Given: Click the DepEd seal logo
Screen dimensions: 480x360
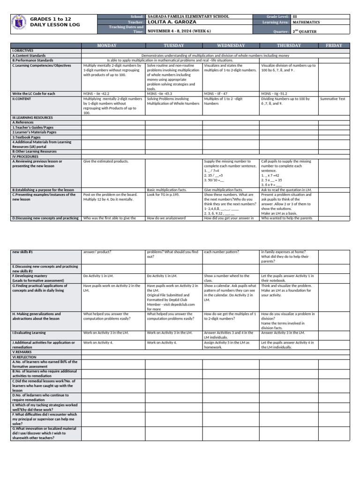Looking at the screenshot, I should (x=19, y=24).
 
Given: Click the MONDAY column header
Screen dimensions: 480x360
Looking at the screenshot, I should (x=113, y=45).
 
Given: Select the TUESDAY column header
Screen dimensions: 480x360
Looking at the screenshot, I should (x=173, y=45).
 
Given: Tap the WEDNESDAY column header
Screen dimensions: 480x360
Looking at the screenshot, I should (x=231, y=45).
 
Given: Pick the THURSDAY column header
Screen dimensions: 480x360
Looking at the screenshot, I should (x=289, y=45).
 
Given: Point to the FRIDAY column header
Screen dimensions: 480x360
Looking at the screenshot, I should (x=334, y=45).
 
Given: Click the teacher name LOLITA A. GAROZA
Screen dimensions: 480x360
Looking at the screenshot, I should (x=172, y=22).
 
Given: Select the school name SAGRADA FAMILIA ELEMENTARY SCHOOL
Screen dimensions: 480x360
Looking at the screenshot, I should (x=188, y=16).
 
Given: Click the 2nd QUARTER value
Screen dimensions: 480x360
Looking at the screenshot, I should (x=305, y=31).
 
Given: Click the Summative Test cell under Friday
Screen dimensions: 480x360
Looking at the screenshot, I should (x=332, y=99).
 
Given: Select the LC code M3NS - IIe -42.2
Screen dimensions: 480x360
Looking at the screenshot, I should (x=96, y=94).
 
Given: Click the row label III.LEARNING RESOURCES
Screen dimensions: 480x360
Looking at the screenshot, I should (x=33, y=118).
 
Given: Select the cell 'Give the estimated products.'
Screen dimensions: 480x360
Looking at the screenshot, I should (x=105, y=161).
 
